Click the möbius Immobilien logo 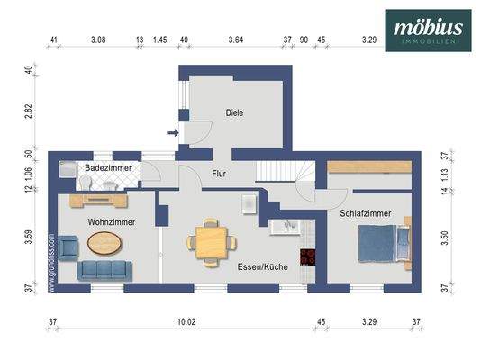point(428,30)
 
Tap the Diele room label point(235,112)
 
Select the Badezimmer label point(108,168)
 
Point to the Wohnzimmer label point(112,220)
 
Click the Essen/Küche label point(263,267)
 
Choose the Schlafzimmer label point(366,213)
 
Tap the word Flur point(219,173)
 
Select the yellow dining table point(211,242)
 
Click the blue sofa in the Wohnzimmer point(104,268)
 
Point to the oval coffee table point(106,242)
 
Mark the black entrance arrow point(173,135)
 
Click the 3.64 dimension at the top point(236,40)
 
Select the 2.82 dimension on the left point(29,111)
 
